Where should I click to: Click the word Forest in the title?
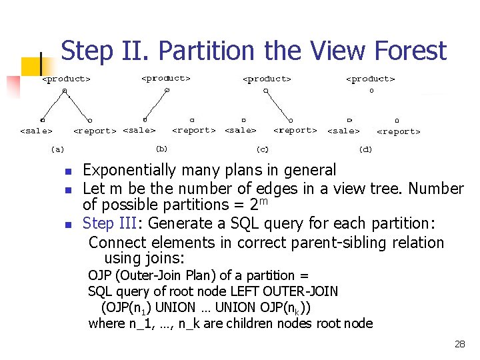[x=411, y=51]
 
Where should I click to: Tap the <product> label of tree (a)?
[x=66, y=79]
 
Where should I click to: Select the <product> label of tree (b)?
[x=166, y=78]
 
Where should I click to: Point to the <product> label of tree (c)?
[x=267, y=79]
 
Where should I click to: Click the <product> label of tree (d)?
[x=370, y=79]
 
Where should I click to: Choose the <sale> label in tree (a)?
[x=36, y=131]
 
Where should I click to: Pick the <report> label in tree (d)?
[x=399, y=131]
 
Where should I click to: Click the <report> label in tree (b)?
[x=194, y=131]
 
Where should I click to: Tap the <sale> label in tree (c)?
[x=241, y=131]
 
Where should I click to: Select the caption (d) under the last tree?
[x=365, y=149]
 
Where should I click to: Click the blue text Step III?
[x=108, y=223]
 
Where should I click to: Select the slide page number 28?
[x=459, y=344]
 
